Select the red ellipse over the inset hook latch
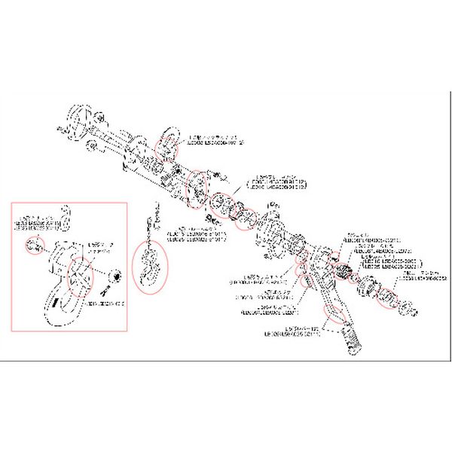point(81,276)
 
